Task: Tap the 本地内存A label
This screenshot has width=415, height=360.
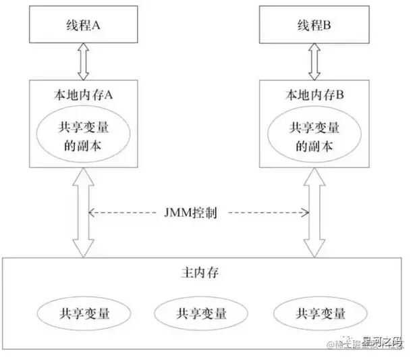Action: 84,95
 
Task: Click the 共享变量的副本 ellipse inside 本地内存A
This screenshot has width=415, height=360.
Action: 84,134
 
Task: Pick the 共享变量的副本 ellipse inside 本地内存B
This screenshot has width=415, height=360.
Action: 312,134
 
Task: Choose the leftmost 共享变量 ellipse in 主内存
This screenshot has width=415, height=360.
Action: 84,313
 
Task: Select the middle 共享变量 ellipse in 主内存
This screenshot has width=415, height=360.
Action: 201,313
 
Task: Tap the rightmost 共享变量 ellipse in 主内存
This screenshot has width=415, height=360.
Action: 321,313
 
